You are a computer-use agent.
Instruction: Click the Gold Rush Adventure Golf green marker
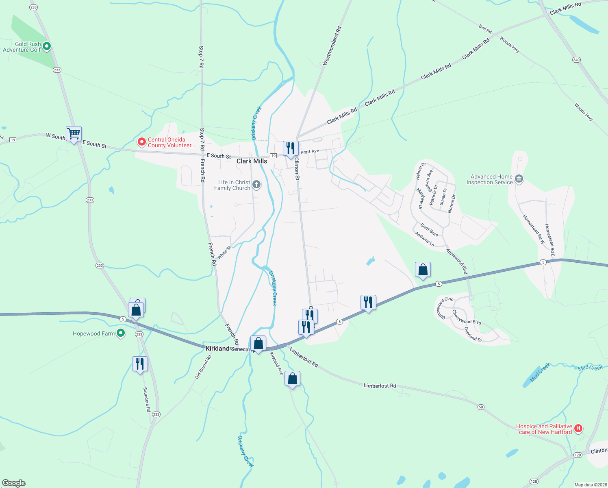click(47, 46)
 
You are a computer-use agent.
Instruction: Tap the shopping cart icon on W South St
click(74, 134)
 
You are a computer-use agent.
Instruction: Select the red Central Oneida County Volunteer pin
click(142, 142)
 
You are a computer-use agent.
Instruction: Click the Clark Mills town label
click(252, 161)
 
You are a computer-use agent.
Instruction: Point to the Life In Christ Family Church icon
click(256, 185)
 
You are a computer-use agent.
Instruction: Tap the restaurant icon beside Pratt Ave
click(291, 148)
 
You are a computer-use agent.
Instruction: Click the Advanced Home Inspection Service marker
click(519, 179)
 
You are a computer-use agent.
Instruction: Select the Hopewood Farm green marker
click(120, 333)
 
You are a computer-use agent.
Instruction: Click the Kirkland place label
click(217, 349)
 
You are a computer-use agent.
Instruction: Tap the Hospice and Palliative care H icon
click(578, 428)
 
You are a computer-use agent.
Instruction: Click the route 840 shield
click(576, 60)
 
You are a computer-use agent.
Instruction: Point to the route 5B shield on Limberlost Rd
click(481, 407)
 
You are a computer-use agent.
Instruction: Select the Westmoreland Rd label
click(332, 46)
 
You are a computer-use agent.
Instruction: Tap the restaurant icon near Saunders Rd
click(140, 364)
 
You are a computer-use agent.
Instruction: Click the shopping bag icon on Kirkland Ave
click(292, 379)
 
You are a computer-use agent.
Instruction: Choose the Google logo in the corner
click(14, 483)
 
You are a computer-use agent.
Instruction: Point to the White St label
click(224, 253)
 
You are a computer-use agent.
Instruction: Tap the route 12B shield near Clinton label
click(578, 455)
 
